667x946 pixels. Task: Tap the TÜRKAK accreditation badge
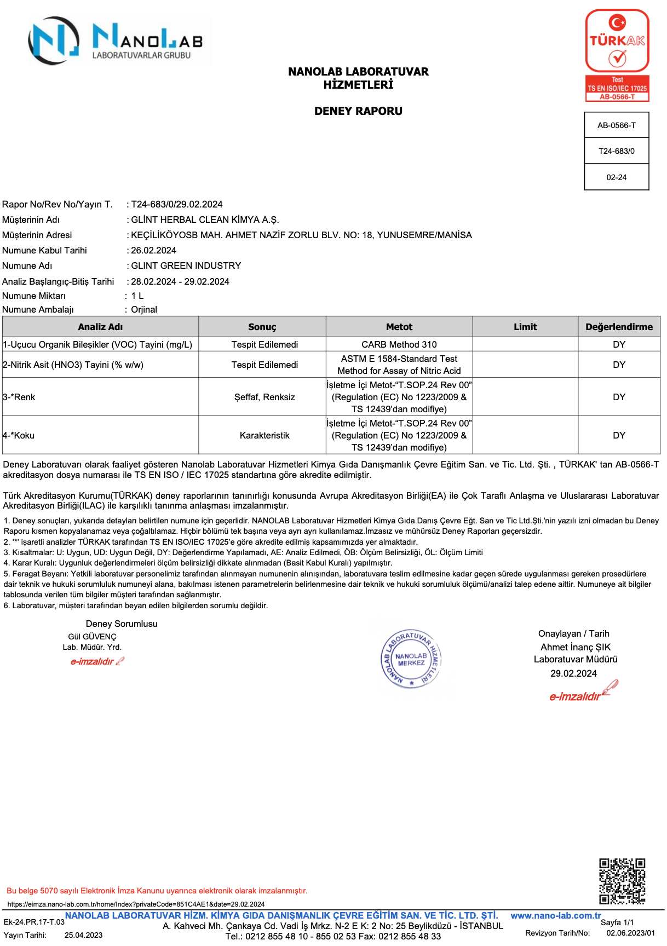pyautogui.click(x=617, y=55)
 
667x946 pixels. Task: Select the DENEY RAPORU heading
pyautogui.click(x=358, y=111)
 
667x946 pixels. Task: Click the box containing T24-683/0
pyautogui.click(x=617, y=151)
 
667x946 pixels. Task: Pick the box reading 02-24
pyautogui.click(x=617, y=177)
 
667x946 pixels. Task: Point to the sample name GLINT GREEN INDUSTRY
pyautogui.click(x=186, y=266)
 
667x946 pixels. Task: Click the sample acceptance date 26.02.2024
pyautogui.click(x=154, y=250)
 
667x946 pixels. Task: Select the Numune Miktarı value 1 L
pyautogui.click(x=137, y=296)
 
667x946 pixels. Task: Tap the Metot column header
pyautogui.click(x=399, y=327)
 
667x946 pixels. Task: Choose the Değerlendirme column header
pyautogui.click(x=619, y=327)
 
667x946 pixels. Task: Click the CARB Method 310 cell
pyautogui.click(x=399, y=344)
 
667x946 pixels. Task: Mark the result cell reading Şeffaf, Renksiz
pyautogui.click(x=264, y=397)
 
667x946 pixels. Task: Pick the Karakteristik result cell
pyautogui.click(x=264, y=435)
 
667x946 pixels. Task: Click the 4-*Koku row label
pyautogui.click(x=19, y=435)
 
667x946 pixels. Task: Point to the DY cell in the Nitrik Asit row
pyautogui.click(x=619, y=365)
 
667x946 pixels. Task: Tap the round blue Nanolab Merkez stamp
pyautogui.click(x=411, y=659)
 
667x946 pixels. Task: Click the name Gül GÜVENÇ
pyautogui.click(x=92, y=637)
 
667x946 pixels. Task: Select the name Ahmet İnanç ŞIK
pyautogui.click(x=576, y=647)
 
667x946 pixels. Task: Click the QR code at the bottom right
pyautogui.click(x=622, y=881)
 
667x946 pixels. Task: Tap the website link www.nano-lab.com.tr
pyautogui.click(x=556, y=915)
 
